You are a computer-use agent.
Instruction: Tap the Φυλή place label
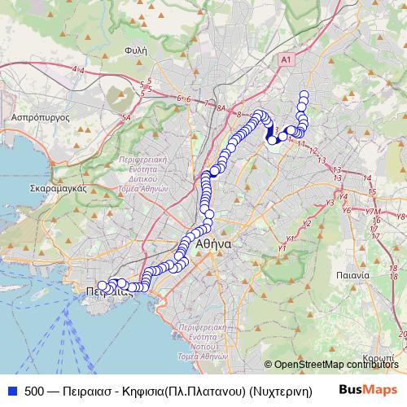(x=135, y=49)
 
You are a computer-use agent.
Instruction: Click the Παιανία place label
(x=354, y=275)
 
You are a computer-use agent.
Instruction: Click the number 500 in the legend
(x=34, y=390)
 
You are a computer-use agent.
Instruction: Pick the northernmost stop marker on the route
(x=304, y=94)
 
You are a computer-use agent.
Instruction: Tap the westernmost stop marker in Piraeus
(x=102, y=286)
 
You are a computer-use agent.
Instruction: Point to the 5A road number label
(x=126, y=119)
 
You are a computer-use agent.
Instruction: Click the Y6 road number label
(x=347, y=210)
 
